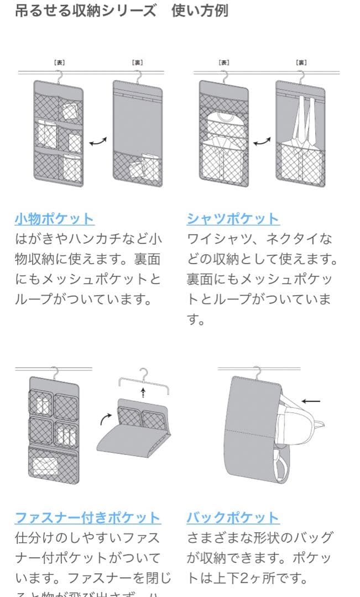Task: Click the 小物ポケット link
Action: [x=54, y=218]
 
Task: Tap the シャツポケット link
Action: [x=232, y=218]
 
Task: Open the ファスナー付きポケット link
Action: [x=87, y=518]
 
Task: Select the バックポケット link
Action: [x=232, y=518]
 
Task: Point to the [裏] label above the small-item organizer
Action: [x=137, y=63]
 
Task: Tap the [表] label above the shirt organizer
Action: [x=224, y=63]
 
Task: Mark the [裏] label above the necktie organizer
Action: [x=301, y=63]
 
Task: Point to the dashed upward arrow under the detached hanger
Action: [x=143, y=392]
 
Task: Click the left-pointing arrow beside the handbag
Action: [x=311, y=401]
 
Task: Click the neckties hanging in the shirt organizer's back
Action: [x=301, y=119]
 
